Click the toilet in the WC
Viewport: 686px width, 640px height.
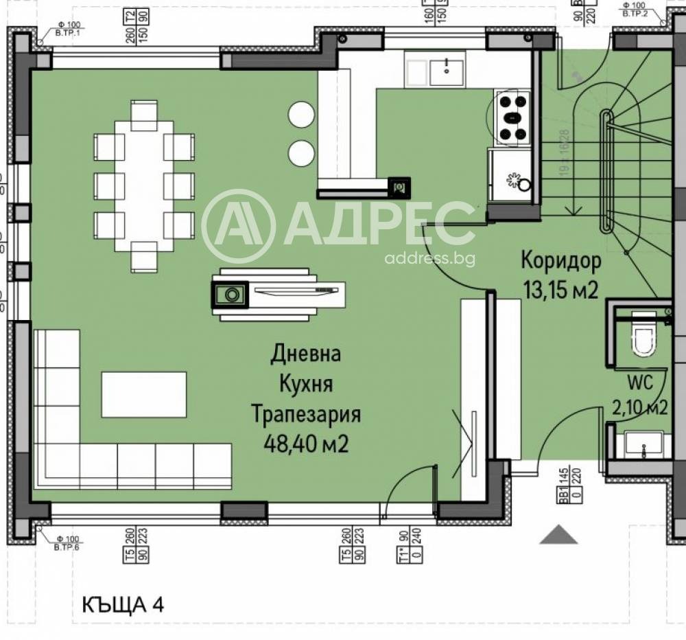click(643, 336)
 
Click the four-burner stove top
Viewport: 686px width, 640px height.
click(512, 117)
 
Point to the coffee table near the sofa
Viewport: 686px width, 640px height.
click(144, 394)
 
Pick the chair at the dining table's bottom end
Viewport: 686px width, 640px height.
click(144, 258)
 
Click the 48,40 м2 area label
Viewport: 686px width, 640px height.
click(306, 444)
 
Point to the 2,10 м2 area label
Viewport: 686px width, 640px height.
click(639, 407)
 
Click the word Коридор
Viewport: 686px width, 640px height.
click(560, 260)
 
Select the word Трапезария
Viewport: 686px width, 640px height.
click(306, 415)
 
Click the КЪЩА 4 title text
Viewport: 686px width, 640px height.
click(123, 604)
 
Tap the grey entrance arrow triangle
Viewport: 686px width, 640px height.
click(558, 535)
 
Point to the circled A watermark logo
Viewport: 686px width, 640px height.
click(238, 226)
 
